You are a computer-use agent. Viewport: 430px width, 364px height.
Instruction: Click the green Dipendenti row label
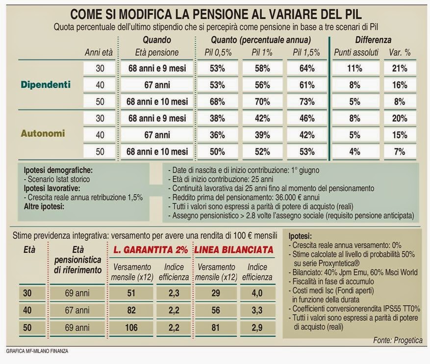click(x=46, y=85)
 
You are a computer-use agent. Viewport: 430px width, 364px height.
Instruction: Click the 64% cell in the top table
click(x=306, y=69)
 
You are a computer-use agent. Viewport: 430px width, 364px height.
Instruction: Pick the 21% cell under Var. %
click(x=400, y=69)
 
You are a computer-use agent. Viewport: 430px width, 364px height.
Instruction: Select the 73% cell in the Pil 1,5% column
click(x=306, y=102)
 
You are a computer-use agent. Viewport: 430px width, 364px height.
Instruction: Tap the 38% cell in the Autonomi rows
click(x=217, y=118)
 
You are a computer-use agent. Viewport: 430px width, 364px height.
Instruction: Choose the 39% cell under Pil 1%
click(x=262, y=135)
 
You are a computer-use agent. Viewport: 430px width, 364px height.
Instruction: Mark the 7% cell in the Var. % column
click(x=400, y=152)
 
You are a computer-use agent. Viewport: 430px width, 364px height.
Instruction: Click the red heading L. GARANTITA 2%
click(x=150, y=250)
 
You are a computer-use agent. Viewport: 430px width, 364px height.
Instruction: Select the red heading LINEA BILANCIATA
click(x=234, y=250)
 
